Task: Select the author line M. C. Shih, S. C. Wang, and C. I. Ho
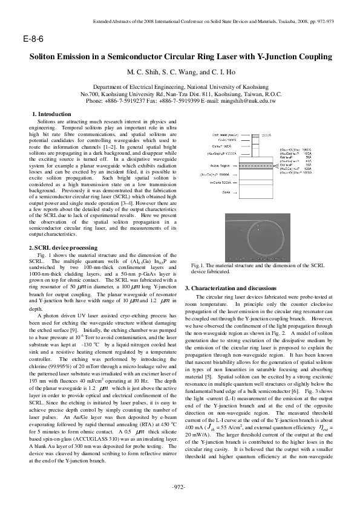180,72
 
